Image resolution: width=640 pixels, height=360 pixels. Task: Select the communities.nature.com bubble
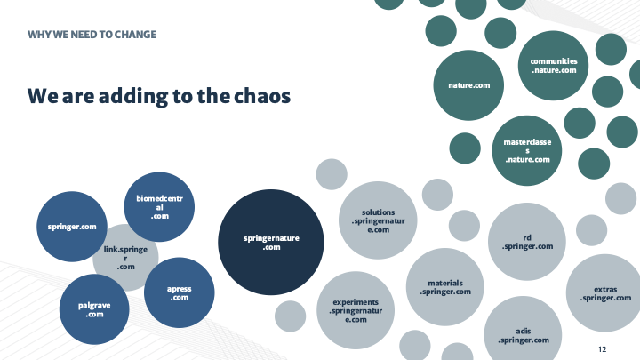point(554,65)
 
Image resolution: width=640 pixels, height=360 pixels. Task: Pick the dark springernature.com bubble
point(271,242)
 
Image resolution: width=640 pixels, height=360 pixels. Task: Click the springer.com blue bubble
point(72,227)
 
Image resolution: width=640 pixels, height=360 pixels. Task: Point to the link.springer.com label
point(125,259)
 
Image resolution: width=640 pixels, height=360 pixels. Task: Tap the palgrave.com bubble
point(95,309)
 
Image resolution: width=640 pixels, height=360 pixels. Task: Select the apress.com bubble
point(179,292)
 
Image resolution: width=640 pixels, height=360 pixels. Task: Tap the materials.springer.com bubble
point(444,287)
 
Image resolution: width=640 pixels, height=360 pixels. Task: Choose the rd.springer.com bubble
point(527,241)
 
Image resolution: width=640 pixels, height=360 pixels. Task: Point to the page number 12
point(603,348)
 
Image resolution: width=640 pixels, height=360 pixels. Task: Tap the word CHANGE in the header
point(134,35)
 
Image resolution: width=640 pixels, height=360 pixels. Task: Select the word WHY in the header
point(39,35)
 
